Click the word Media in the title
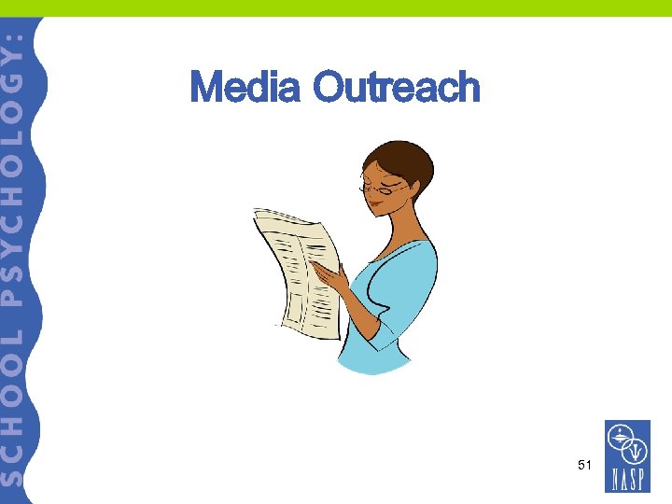pos(245,88)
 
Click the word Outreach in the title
pos(397,88)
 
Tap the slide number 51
pos(585,464)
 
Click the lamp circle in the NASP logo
pos(620,435)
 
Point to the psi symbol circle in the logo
pos(637,449)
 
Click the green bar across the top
pos(336,7)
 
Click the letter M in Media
pos(206,88)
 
